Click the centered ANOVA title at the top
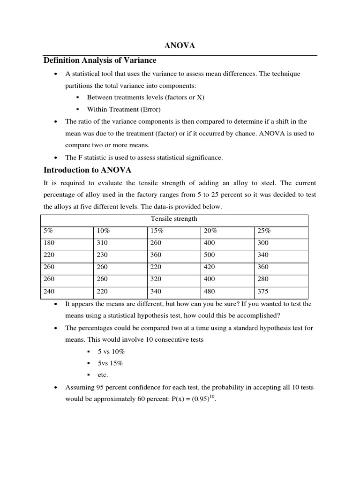point(179,46)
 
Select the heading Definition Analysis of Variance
point(100,60)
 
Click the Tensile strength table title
point(174,219)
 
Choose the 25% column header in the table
point(264,231)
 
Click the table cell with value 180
point(49,243)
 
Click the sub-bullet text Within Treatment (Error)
point(124,109)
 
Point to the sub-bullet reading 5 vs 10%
point(111,351)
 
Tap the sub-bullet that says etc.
point(103,375)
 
